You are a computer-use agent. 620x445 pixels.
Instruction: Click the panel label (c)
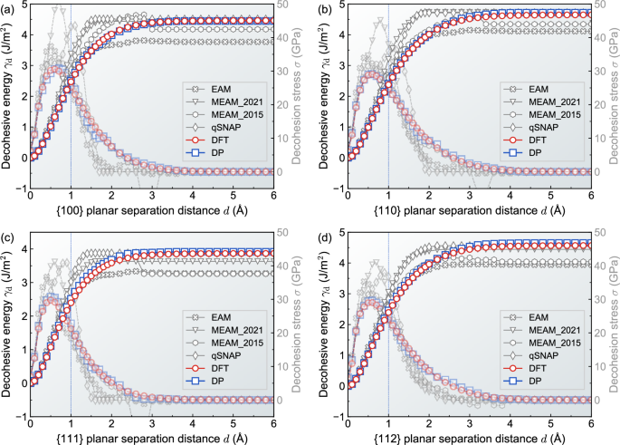point(8,237)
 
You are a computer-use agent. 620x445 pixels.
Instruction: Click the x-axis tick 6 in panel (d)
point(590,423)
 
